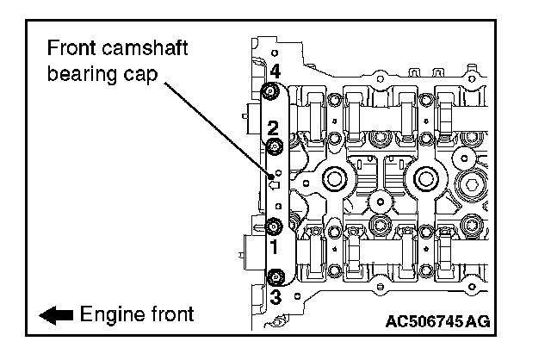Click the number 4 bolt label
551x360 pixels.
tap(275, 71)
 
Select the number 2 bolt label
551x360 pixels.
tap(273, 128)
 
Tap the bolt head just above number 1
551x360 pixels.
tap(274, 227)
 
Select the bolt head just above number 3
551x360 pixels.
tap(275, 277)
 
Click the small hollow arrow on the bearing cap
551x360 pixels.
tap(275, 183)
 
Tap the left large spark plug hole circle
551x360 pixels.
tap(331, 180)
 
